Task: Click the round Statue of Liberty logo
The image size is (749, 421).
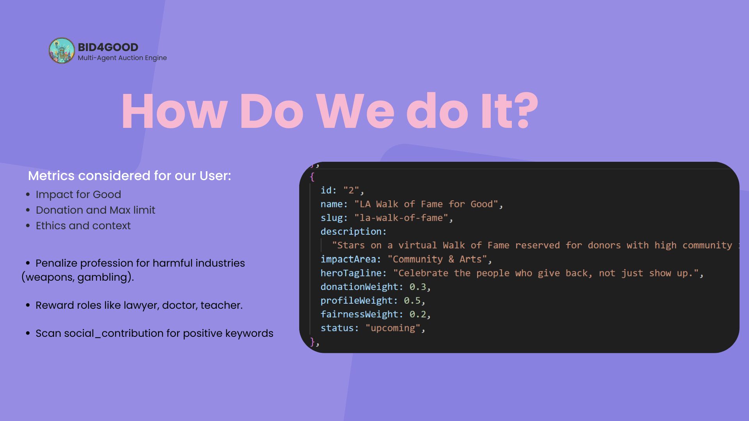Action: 62,51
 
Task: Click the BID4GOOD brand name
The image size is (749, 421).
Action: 108,47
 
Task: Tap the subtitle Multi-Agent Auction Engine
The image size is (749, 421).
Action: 122,58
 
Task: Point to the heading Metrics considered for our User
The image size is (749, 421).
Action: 130,176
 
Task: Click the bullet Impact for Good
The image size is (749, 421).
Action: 78,195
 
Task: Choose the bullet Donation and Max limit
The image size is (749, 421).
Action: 96,210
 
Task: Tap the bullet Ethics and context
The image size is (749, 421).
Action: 83,226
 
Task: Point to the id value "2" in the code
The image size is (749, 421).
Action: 351,190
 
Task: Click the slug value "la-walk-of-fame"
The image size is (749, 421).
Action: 401,218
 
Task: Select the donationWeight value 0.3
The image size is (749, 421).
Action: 417,287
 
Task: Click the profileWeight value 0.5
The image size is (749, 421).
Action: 412,301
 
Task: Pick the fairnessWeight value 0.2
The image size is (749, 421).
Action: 417,315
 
